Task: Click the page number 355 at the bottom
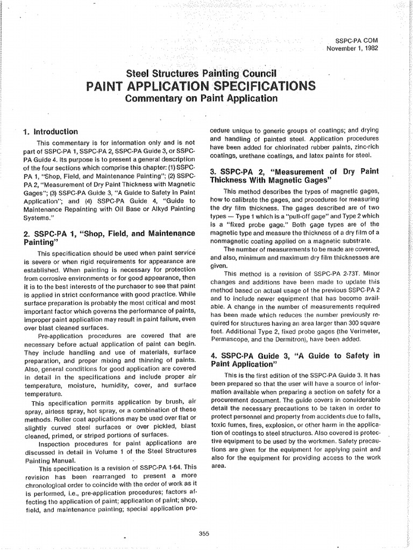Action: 204,533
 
